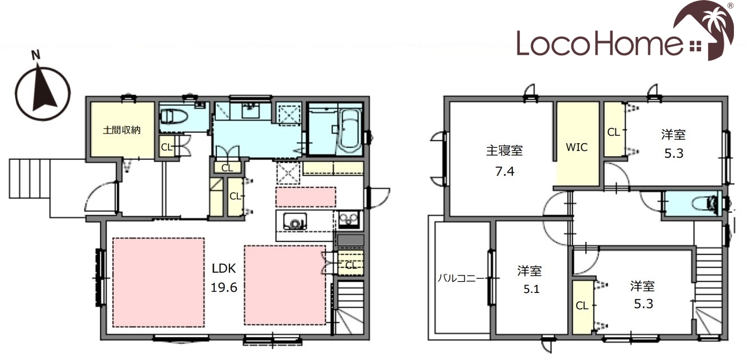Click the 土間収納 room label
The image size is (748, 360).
click(122, 130)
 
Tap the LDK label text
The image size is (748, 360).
click(224, 268)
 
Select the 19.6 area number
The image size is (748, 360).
click(224, 287)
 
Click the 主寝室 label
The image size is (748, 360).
click(504, 150)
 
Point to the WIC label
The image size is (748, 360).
click(577, 147)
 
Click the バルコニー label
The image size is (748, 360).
click(461, 278)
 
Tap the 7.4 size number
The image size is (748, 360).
click(504, 171)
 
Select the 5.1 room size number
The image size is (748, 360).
click(532, 289)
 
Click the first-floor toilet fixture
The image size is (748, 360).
click(174, 117)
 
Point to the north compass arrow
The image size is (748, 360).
click(43, 90)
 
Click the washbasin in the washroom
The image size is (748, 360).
click(250, 110)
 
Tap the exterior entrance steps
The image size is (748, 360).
click(29, 179)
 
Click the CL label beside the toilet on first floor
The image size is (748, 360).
click(166, 147)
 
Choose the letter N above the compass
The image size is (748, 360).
click(36, 55)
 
